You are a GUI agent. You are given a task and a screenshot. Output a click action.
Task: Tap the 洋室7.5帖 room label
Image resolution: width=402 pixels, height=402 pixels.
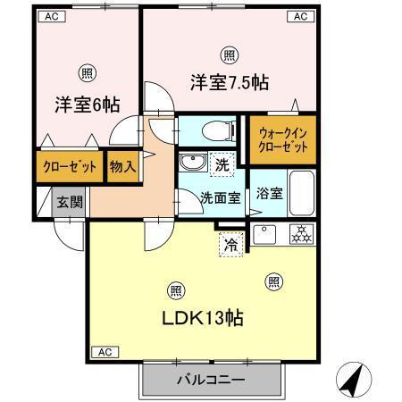coord(230,83)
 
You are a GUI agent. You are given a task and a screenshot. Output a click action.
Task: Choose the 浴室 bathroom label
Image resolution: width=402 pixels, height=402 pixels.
coord(269,192)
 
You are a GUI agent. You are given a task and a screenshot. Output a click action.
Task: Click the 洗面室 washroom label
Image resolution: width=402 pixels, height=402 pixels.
coord(218,198)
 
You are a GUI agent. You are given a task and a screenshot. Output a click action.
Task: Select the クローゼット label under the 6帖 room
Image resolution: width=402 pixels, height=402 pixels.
coord(68,166)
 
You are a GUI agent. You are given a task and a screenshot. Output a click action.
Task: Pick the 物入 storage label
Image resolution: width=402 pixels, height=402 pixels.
coord(122,166)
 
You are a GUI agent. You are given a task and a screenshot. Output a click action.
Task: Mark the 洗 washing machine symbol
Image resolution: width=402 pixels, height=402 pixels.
coord(223,163)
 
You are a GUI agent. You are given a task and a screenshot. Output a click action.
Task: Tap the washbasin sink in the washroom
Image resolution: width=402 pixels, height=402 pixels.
coord(192,163)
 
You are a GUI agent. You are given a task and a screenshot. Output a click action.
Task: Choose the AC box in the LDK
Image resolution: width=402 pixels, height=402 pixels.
coord(104,352)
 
